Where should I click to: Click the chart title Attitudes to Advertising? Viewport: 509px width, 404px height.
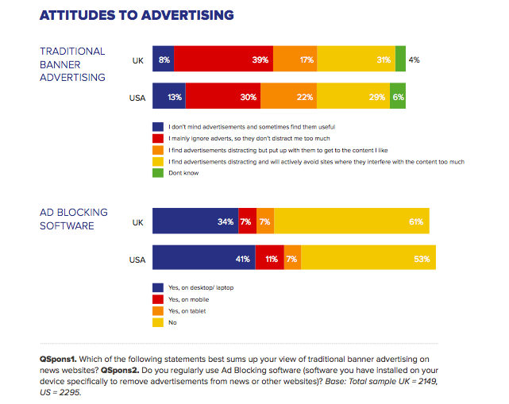(x=137, y=15)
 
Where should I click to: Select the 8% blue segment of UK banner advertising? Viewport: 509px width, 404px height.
(x=163, y=60)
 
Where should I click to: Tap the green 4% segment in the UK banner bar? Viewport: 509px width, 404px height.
(x=400, y=60)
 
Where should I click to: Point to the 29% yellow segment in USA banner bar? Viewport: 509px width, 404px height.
(x=353, y=97)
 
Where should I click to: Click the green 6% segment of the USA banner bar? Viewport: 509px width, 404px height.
(x=398, y=97)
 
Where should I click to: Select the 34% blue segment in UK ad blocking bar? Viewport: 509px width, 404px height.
(x=195, y=221)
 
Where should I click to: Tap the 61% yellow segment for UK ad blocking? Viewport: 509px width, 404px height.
(x=352, y=221)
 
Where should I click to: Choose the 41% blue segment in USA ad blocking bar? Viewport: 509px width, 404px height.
(x=203, y=259)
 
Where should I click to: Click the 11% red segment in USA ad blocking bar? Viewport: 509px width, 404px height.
(x=271, y=259)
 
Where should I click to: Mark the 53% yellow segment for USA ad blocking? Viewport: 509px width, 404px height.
(x=368, y=259)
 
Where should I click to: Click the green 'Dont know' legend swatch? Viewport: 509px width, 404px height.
(x=157, y=171)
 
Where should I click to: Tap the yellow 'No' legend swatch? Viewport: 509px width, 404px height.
(x=157, y=323)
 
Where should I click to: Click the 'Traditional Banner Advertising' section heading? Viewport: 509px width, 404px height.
(x=72, y=65)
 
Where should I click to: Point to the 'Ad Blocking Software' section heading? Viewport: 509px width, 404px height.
(x=73, y=219)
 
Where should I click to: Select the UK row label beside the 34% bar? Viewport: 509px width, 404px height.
(x=137, y=221)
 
